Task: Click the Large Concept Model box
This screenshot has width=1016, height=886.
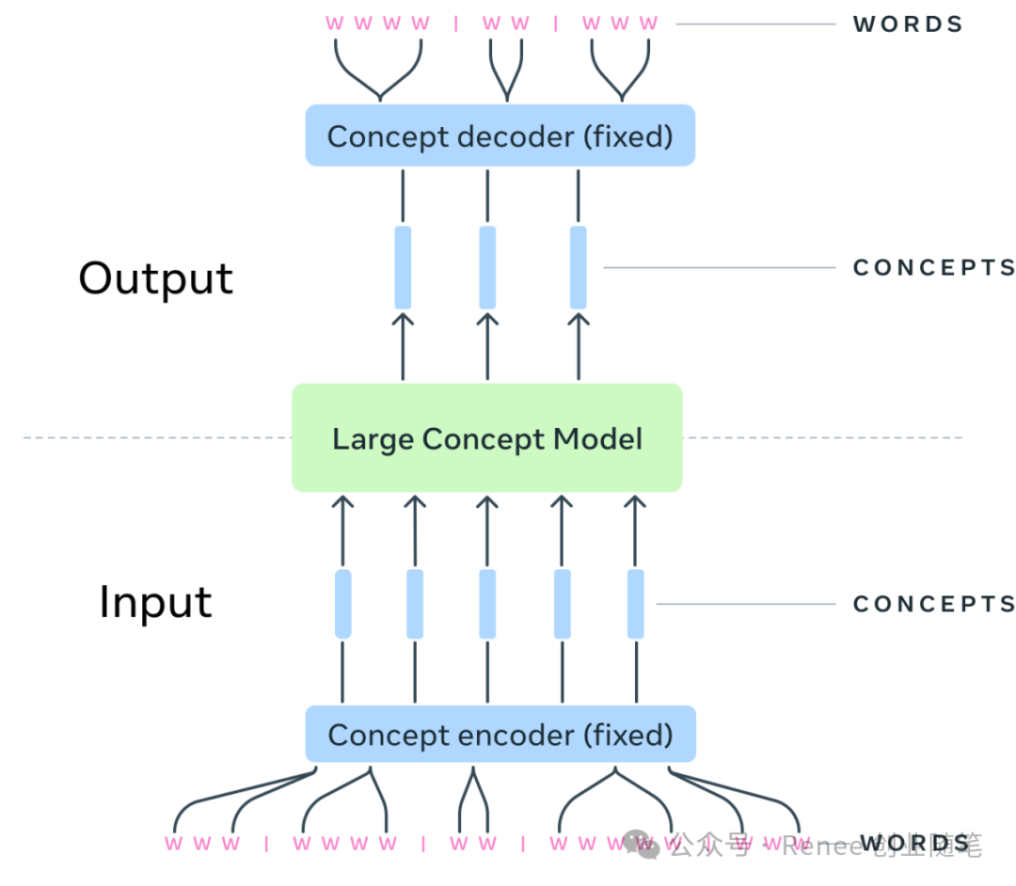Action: [486, 437]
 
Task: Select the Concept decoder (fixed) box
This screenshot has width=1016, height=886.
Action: [500, 136]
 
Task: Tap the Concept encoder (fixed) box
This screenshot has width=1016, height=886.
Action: [500, 735]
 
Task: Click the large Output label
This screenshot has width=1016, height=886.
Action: [155, 278]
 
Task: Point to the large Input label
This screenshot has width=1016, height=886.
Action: [155, 603]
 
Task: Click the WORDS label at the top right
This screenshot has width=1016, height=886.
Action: [908, 24]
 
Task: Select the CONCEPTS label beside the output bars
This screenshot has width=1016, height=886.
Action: [933, 268]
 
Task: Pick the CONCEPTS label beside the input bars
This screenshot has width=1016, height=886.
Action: [933, 604]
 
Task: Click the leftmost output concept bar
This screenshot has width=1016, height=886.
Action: [403, 267]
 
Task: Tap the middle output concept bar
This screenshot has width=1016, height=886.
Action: [487, 267]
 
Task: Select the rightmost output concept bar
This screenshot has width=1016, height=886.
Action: [579, 267]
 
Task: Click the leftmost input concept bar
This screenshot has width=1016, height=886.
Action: [343, 604]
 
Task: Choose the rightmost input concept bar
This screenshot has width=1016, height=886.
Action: [636, 604]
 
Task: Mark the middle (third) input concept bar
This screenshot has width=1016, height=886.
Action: [487, 604]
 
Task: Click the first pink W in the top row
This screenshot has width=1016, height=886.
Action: [335, 24]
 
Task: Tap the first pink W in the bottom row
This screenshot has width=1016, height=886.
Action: [173, 844]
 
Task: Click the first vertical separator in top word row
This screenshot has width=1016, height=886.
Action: [456, 24]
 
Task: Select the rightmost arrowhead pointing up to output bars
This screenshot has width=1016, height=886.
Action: [579, 320]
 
